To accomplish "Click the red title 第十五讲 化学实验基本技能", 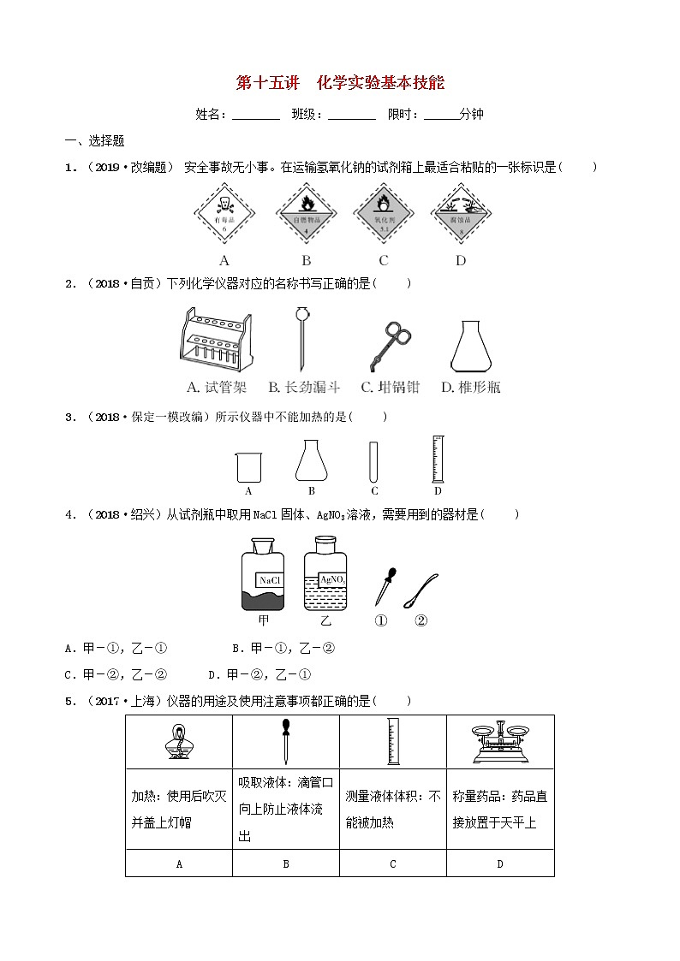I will point(340,84).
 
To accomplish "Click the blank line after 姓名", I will point(255,115).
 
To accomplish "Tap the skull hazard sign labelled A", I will point(224,215).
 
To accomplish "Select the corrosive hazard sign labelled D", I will point(461,215).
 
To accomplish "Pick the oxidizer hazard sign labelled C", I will point(383,215).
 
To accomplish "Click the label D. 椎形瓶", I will point(470,388).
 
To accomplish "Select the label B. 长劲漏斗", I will point(304,388).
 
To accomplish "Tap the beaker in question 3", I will point(248,466).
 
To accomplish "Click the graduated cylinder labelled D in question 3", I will point(438,460).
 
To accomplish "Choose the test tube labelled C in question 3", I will point(374,461).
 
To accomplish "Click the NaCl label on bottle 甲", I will point(270,579).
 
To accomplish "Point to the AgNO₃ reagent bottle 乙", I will point(325,574).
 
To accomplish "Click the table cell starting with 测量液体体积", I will point(392,809).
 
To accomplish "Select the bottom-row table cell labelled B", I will point(286,863).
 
